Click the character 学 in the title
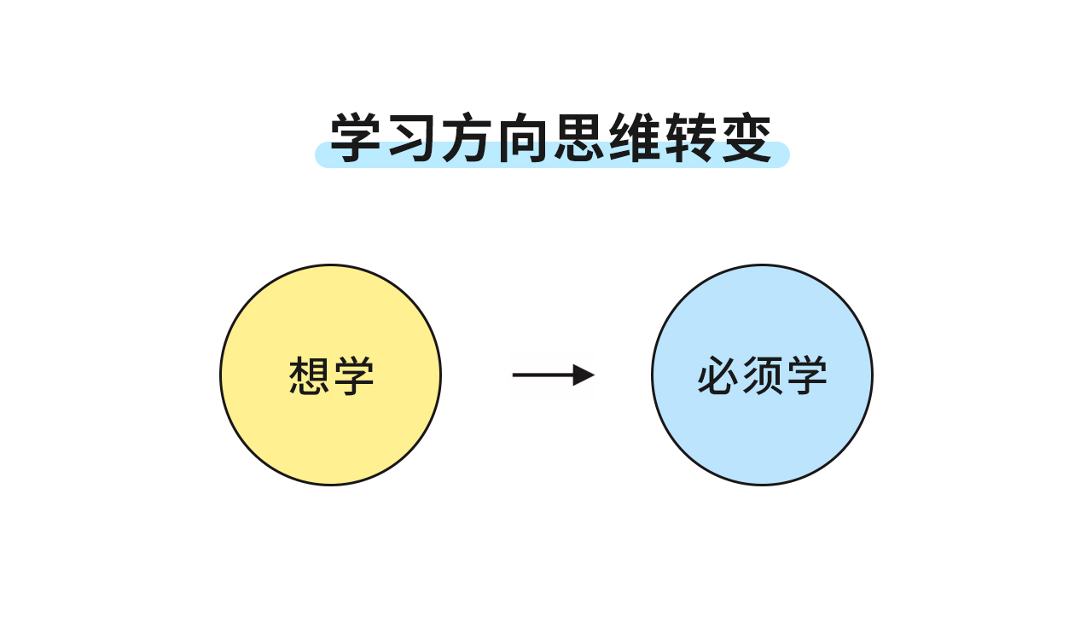pyautogui.click(x=357, y=138)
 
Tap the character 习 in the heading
pyautogui.click(x=413, y=138)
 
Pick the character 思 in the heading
pyautogui.click(x=580, y=138)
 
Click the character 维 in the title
pyautogui.click(x=636, y=138)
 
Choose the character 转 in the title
pyautogui.click(x=691, y=138)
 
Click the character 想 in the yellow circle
pyautogui.click(x=310, y=375)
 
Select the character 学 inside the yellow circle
pyautogui.click(x=354, y=375)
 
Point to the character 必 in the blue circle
pyautogui.click(x=718, y=375)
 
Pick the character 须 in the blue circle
pyautogui.click(x=763, y=375)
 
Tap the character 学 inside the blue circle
pyautogui.click(x=807, y=375)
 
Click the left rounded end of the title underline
pyautogui.click(x=322, y=156)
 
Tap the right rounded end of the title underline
pyautogui.click(x=782, y=156)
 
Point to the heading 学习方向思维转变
pyautogui.click(x=552, y=138)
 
